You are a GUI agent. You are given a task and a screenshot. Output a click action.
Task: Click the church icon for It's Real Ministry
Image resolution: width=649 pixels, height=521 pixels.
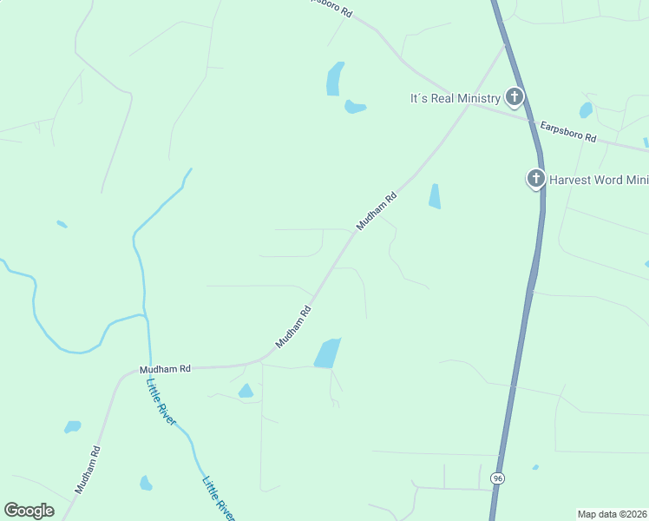pyautogui.click(x=515, y=96)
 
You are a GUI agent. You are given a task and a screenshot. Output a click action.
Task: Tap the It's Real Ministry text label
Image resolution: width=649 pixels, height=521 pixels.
pyautogui.click(x=455, y=98)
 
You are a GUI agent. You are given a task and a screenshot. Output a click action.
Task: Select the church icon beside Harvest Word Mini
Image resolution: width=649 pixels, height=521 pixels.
pyautogui.click(x=535, y=179)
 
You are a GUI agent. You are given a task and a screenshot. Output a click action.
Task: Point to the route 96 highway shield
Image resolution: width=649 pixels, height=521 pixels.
pyautogui.click(x=496, y=478)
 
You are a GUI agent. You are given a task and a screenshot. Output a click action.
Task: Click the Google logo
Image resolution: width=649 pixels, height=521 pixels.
pyautogui.click(x=29, y=511)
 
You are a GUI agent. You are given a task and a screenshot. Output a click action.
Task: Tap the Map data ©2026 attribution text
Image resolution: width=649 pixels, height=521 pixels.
pyautogui.click(x=612, y=513)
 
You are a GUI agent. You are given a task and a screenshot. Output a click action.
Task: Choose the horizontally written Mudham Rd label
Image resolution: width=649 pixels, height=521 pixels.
pyautogui.click(x=165, y=369)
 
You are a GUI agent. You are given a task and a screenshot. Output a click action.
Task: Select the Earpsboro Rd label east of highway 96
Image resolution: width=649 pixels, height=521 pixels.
pyautogui.click(x=568, y=132)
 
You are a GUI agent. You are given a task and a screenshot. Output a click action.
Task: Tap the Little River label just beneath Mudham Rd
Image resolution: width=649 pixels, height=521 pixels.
pyautogui.click(x=161, y=402)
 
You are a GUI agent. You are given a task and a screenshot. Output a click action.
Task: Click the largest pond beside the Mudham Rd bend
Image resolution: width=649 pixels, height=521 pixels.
pyautogui.click(x=327, y=353)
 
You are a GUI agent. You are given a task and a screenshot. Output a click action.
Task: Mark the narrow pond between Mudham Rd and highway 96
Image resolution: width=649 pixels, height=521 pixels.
pyautogui.click(x=434, y=196)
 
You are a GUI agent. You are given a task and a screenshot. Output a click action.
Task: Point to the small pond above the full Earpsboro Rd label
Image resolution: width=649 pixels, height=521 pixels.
pyautogui.click(x=586, y=110)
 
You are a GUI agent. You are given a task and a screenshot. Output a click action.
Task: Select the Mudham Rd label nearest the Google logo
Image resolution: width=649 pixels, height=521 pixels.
pyautogui.click(x=88, y=470)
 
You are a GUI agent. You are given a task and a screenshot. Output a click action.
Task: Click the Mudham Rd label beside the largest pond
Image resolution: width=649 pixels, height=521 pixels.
pyautogui.click(x=293, y=326)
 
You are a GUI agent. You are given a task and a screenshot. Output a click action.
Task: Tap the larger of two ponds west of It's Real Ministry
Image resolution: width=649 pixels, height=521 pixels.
pyautogui.click(x=335, y=78)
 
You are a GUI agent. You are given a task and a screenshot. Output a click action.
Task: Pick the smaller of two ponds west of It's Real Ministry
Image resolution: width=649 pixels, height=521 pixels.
pyautogui.click(x=354, y=107)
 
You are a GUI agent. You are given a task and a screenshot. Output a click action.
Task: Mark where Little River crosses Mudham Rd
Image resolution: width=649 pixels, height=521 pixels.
pyautogui.click(x=149, y=368)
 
